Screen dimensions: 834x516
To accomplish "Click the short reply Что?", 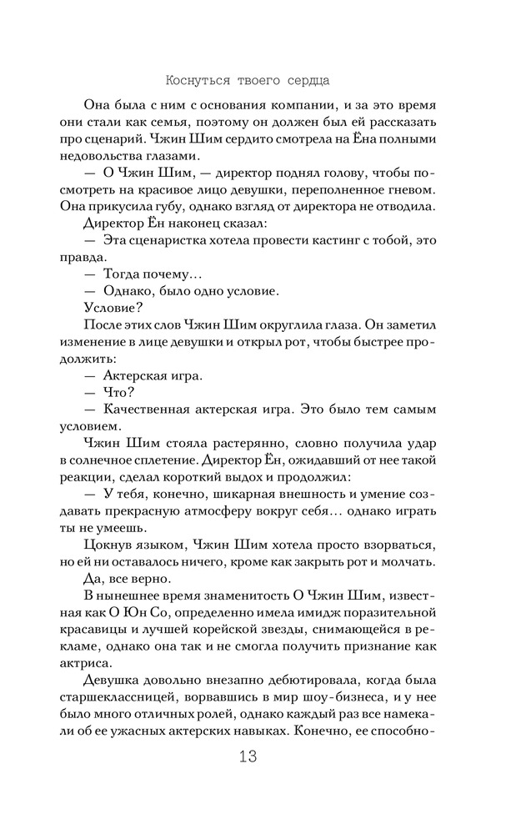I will (x=120, y=392).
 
